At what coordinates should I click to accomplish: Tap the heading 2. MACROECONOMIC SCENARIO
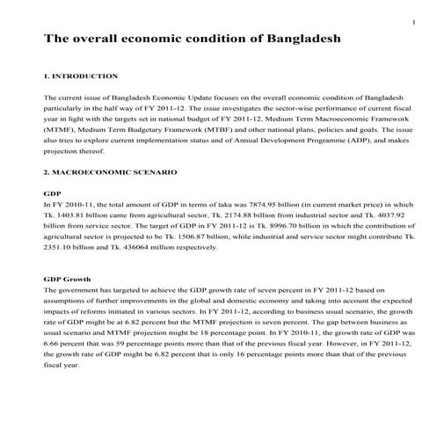click(110, 171)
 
